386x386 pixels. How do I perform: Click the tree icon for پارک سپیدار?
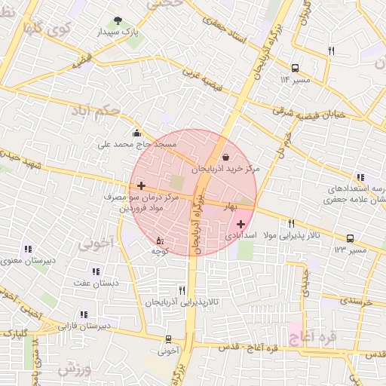coord(117,21)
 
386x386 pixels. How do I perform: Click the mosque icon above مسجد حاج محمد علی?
coord(136,133)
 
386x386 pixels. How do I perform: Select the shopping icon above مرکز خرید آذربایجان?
coord(226,157)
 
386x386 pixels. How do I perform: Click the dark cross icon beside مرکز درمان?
coord(142,185)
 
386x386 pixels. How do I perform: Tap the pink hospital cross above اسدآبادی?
coord(240,224)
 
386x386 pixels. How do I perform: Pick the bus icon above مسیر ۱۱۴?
coord(295,66)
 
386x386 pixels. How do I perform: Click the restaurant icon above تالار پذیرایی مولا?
coord(291,223)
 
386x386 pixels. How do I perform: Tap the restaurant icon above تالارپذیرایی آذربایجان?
coord(182,290)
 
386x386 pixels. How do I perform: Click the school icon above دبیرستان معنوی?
coord(28,249)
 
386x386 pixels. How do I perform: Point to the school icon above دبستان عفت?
coord(95,271)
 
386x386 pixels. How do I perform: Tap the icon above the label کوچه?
coord(158,240)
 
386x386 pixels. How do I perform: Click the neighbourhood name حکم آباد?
coord(99,112)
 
